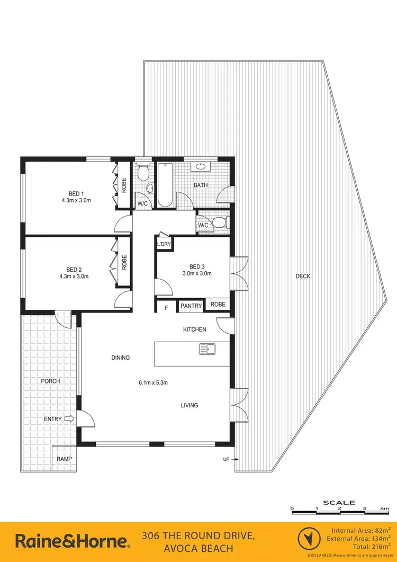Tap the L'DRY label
[x=163, y=244]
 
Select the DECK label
[x=303, y=276]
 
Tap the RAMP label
[x=65, y=459]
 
